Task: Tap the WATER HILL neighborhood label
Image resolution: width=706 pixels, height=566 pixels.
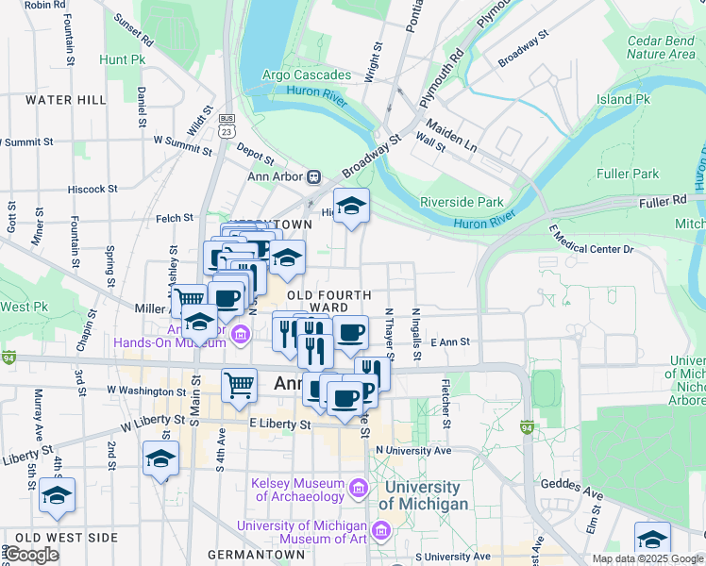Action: tap(66, 99)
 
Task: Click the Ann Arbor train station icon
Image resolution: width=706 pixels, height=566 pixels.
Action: tap(313, 176)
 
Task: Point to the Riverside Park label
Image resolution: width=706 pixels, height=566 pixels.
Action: tap(462, 202)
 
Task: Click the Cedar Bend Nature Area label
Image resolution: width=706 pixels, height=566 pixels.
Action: tap(661, 47)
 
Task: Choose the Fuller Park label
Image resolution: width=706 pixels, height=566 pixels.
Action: tap(628, 174)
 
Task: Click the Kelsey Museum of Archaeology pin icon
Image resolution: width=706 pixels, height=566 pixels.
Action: tap(359, 489)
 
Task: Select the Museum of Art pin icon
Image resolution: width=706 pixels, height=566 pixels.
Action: tap(381, 531)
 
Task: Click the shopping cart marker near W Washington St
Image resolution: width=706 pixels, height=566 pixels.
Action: tap(240, 385)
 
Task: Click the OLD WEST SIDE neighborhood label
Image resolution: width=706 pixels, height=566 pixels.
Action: tap(66, 538)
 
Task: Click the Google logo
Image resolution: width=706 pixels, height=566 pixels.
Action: tap(31, 555)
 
